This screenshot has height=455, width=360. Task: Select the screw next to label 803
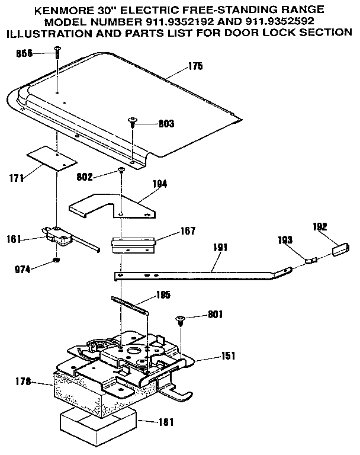coord(132,123)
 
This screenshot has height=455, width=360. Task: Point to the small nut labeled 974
coord(55,261)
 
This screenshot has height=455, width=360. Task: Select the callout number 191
coord(220,248)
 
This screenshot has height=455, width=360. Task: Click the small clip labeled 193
coord(311,259)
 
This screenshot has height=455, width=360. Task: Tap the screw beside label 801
coord(179,320)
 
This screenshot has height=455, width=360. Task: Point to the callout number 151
coord(227,356)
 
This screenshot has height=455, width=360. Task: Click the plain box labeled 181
coord(98,425)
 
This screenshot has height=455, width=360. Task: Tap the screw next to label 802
coord(121,170)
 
